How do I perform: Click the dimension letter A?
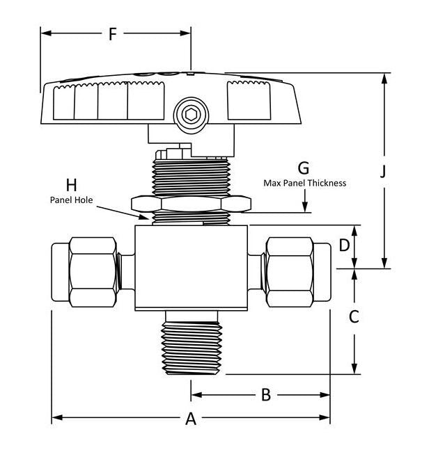click(x=190, y=419)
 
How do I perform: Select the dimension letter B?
click(x=265, y=395)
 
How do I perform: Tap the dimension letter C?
click(x=354, y=317)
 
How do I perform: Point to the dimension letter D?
click(x=343, y=245)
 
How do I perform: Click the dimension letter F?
click(x=113, y=33)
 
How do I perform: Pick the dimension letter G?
click(x=303, y=168)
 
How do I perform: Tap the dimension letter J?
click(x=382, y=172)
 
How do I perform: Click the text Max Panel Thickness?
click(x=304, y=183)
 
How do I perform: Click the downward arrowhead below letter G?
click(x=305, y=209)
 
